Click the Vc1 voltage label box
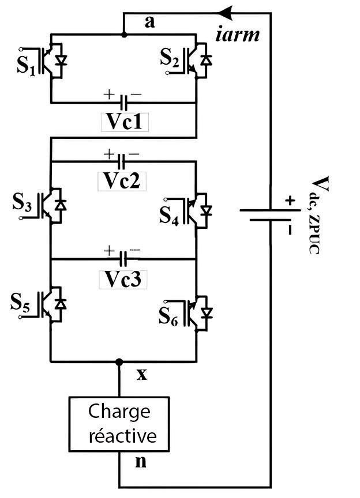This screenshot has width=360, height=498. [124, 121]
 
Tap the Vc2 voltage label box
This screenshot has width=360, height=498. [122, 180]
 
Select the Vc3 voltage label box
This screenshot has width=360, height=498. [122, 278]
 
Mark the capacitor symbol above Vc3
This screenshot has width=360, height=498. [122, 258]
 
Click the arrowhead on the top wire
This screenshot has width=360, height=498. [227, 12]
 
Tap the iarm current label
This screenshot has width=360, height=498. [237, 35]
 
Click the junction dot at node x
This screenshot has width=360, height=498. [119, 362]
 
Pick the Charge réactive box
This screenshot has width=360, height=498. [119, 423]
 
